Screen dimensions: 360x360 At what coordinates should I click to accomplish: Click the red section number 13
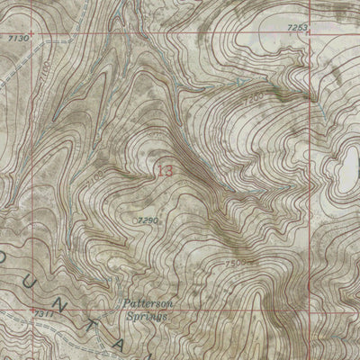(x=164, y=169)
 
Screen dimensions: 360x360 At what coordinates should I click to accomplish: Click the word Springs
(x=150, y=317)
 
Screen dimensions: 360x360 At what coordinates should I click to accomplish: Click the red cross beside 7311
(x=41, y=311)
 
